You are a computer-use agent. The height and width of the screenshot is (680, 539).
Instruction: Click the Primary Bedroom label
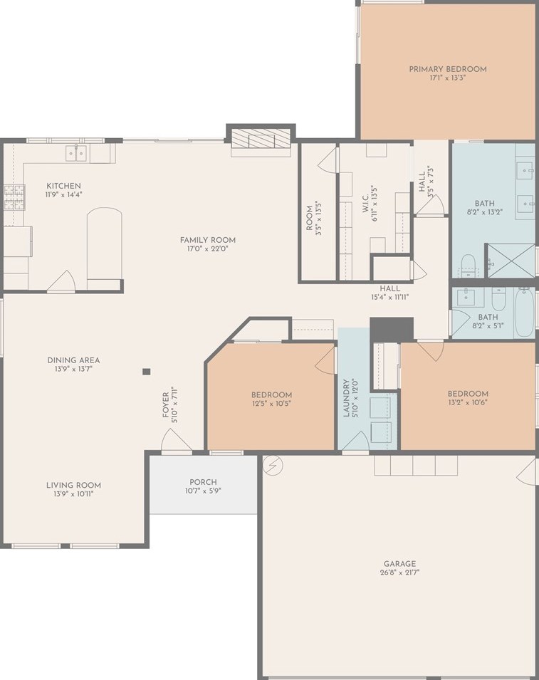[447, 69]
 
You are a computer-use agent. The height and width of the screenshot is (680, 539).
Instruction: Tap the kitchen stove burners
[14, 197]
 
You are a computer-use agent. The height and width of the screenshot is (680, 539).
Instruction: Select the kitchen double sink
[76, 153]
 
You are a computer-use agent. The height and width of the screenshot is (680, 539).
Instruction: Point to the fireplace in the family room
[261, 140]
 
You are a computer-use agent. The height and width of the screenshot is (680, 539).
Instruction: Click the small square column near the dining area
[147, 371]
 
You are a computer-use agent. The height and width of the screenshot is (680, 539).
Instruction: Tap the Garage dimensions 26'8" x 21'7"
[399, 572]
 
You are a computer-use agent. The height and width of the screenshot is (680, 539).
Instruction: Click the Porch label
[203, 482]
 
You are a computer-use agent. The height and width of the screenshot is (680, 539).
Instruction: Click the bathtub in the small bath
[524, 312]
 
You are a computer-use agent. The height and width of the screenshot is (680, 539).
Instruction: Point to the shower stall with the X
[511, 261]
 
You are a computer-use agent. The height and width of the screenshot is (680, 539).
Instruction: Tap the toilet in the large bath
[468, 266]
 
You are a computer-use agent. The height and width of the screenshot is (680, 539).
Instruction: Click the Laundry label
[346, 398]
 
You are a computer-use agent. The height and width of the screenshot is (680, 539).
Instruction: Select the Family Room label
[208, 240]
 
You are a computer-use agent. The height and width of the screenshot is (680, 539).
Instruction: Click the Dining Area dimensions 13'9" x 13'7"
[73, 369]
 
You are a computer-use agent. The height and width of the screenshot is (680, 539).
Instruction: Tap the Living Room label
[73, 485]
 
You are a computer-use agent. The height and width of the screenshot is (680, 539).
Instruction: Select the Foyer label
[166, 404]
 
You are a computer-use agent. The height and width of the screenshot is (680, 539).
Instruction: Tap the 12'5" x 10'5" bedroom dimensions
[271, 404]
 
